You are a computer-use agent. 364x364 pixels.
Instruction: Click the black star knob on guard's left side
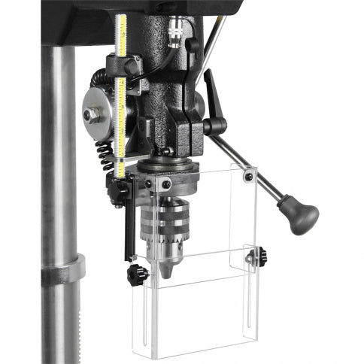pos(135,275)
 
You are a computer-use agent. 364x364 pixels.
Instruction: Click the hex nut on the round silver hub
pos(90,115)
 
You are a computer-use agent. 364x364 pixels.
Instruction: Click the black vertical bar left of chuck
pos(128,226)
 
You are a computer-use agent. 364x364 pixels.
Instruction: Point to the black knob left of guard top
pos(119,193)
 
